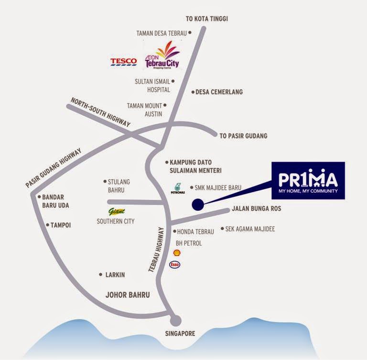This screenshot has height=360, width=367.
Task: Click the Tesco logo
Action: point(124,62)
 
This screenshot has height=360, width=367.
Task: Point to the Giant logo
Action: point(116,211)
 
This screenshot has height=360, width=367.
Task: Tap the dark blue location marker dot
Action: point(197,205)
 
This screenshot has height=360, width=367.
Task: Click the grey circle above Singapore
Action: point(176,320)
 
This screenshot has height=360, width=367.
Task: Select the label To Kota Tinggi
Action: point(207,19)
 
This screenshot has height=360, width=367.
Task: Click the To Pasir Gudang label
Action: point(243,136)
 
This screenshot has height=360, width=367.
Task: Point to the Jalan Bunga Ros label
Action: point(256,209)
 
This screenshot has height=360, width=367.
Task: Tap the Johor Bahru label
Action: point(128,295)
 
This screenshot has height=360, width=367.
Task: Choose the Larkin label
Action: point(115,275)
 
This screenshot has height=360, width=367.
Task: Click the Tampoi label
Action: point(61,225)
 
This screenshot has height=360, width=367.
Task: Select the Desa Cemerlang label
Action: point(219,92)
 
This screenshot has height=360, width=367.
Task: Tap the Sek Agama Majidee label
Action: point(250,229)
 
